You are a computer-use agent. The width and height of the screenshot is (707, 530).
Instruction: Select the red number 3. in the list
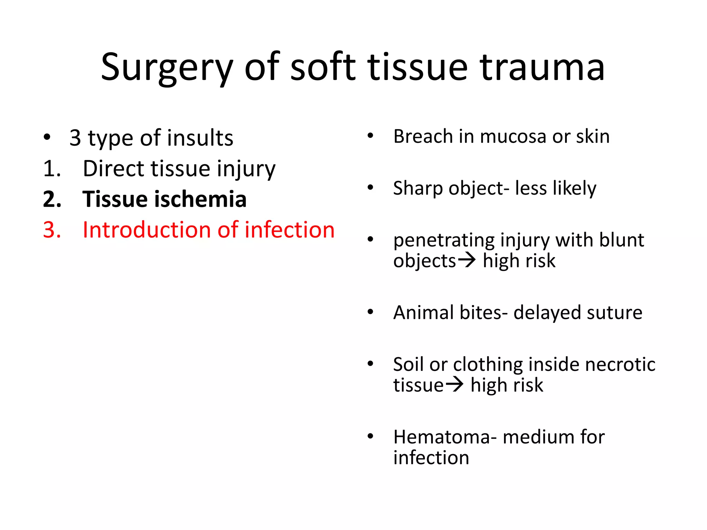(x=52, y=230)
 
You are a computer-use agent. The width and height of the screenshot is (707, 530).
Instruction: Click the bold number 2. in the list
(x=52, y=199)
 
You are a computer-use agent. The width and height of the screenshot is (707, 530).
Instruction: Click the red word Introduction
(x=146, y=230)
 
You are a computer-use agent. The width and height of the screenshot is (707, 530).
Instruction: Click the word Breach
(x=423, y=136)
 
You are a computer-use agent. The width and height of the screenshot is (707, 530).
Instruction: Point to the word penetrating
(x=444, y=241)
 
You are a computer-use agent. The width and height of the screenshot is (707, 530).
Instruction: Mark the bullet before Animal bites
(x=370, y=312)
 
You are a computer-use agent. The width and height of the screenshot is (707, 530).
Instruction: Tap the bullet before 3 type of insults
(x=47, y=137)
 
